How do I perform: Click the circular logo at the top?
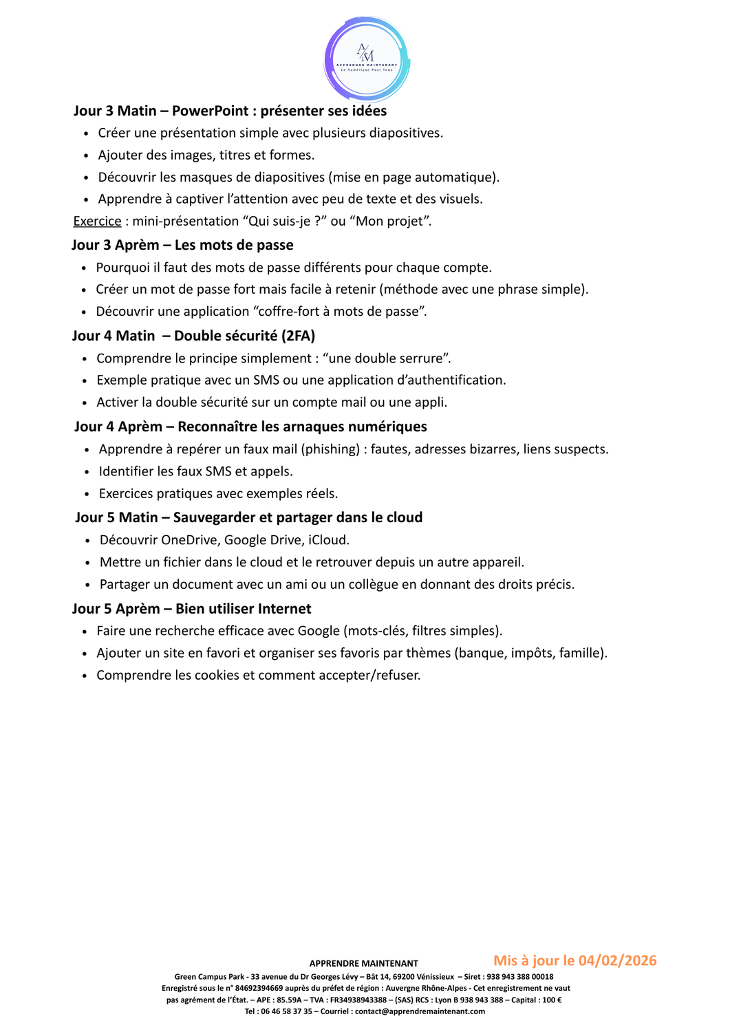367,59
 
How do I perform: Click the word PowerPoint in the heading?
210,111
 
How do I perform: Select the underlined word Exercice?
97,221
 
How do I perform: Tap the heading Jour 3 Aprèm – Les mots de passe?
182,245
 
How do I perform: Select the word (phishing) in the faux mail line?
330,449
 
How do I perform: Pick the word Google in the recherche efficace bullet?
319,631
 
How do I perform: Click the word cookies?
207,675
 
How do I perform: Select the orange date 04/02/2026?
617,960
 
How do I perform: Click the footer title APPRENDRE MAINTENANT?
363,963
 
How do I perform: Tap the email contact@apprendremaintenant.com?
420,1011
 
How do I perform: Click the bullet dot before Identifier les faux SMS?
87,472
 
